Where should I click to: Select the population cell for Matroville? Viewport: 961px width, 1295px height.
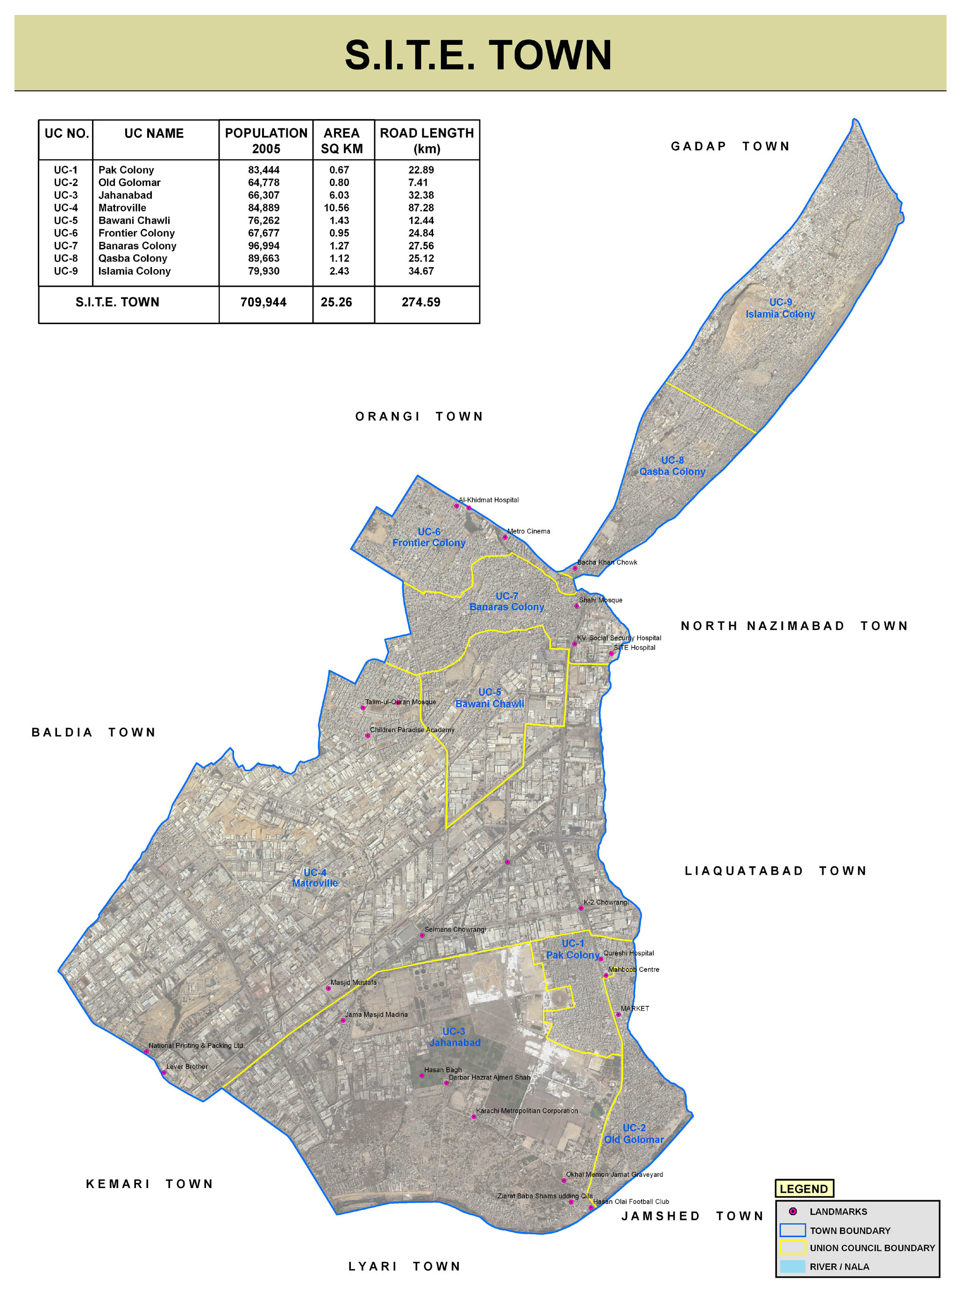tap(263, 208)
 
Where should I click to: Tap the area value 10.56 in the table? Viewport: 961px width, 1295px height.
tap(336, 208)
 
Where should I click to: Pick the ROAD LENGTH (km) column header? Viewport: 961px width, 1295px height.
tap(427, 140)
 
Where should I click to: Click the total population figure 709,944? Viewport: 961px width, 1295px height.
tap(263, 302)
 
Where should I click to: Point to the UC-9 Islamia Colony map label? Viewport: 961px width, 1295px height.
tap(780, 308)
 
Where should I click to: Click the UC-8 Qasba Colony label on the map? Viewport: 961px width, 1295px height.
tap(672, 466)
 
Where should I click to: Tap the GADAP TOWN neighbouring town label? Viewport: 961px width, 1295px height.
tap(730, 146)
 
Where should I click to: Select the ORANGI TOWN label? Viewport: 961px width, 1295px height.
tap(419, 417)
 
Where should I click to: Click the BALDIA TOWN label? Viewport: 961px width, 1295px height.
tap(93, 732)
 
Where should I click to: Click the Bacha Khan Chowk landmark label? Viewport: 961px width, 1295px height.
tap(607, 562)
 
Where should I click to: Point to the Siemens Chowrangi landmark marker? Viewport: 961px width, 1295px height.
tap(422, 935)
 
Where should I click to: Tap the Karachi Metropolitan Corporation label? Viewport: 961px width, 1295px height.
tap(527, 1111)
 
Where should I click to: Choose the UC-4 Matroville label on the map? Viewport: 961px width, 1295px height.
tap(315, 877)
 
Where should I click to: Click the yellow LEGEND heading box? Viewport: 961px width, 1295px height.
tap(804, 1189)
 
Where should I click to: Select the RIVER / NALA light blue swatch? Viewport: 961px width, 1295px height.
tap(792, 1267)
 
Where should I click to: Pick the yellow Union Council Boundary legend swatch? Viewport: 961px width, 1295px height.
tap(792, 1247)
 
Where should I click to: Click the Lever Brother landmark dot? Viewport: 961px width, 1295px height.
tap(164, 1072)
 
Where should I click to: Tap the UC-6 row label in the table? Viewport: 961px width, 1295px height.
tap(66, 233)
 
